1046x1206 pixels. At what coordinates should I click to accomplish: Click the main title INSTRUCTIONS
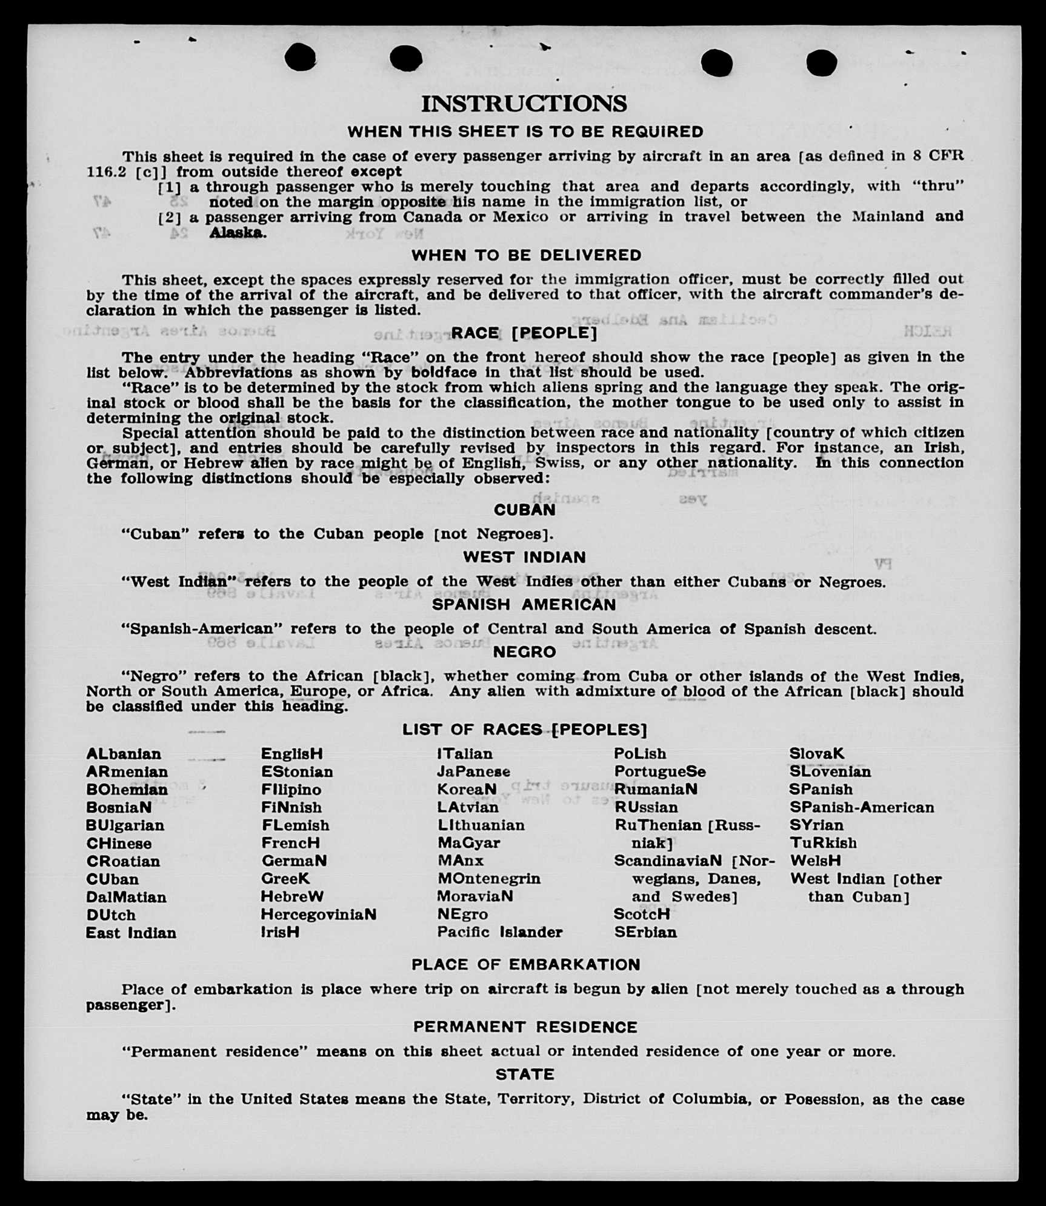pyautogui.click(x=524, y=104)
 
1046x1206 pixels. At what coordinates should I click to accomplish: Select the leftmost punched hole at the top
pyautogui.click(x=301, y=58)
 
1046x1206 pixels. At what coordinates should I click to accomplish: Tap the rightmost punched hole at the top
pyautogui.click(x=822, y=62)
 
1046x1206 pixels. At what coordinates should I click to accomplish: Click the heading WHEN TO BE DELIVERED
pyautogui.click(x=526, y=255)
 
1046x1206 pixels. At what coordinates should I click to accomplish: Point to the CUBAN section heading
pyautogui.click(x=524, y=510)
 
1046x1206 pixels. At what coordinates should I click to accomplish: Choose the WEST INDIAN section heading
pyautogui.click(x=524, y=557)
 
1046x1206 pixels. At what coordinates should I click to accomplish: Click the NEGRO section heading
pyautogui.click(x=524, y=652)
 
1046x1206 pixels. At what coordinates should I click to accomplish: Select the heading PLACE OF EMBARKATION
pyautogui.click(x=525, y=964)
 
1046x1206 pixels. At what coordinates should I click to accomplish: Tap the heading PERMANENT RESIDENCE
pyautogui.click(x=525, y=1027)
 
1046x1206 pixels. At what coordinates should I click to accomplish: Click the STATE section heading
pyautogui.click(x=525, y=1074)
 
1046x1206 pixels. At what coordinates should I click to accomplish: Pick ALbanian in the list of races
pyautogui.click(x=124, y=754)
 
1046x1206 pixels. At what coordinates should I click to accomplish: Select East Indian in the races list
pyautogui.click(x=131, y=933)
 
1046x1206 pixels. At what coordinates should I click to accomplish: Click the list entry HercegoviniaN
pyautogui.click(x=319, y=914)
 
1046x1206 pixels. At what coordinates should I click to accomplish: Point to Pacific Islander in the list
pyautogui.click(x=500, y=932)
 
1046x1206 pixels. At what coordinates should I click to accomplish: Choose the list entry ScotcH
pyautogui.click(x=642, y=914)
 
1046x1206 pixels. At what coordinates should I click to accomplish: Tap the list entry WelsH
pyautogui.click(x=815, y=861)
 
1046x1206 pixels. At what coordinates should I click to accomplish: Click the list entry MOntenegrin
pyautogui.click(x=489, y=878)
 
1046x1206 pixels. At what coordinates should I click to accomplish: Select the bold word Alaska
pyautogui.click(x=236, y=232)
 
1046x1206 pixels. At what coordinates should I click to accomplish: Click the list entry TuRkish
pyautogui.click(x=823, y=843)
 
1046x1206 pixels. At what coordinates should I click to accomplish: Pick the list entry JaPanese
pyautogui.click(x=474, y=771)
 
